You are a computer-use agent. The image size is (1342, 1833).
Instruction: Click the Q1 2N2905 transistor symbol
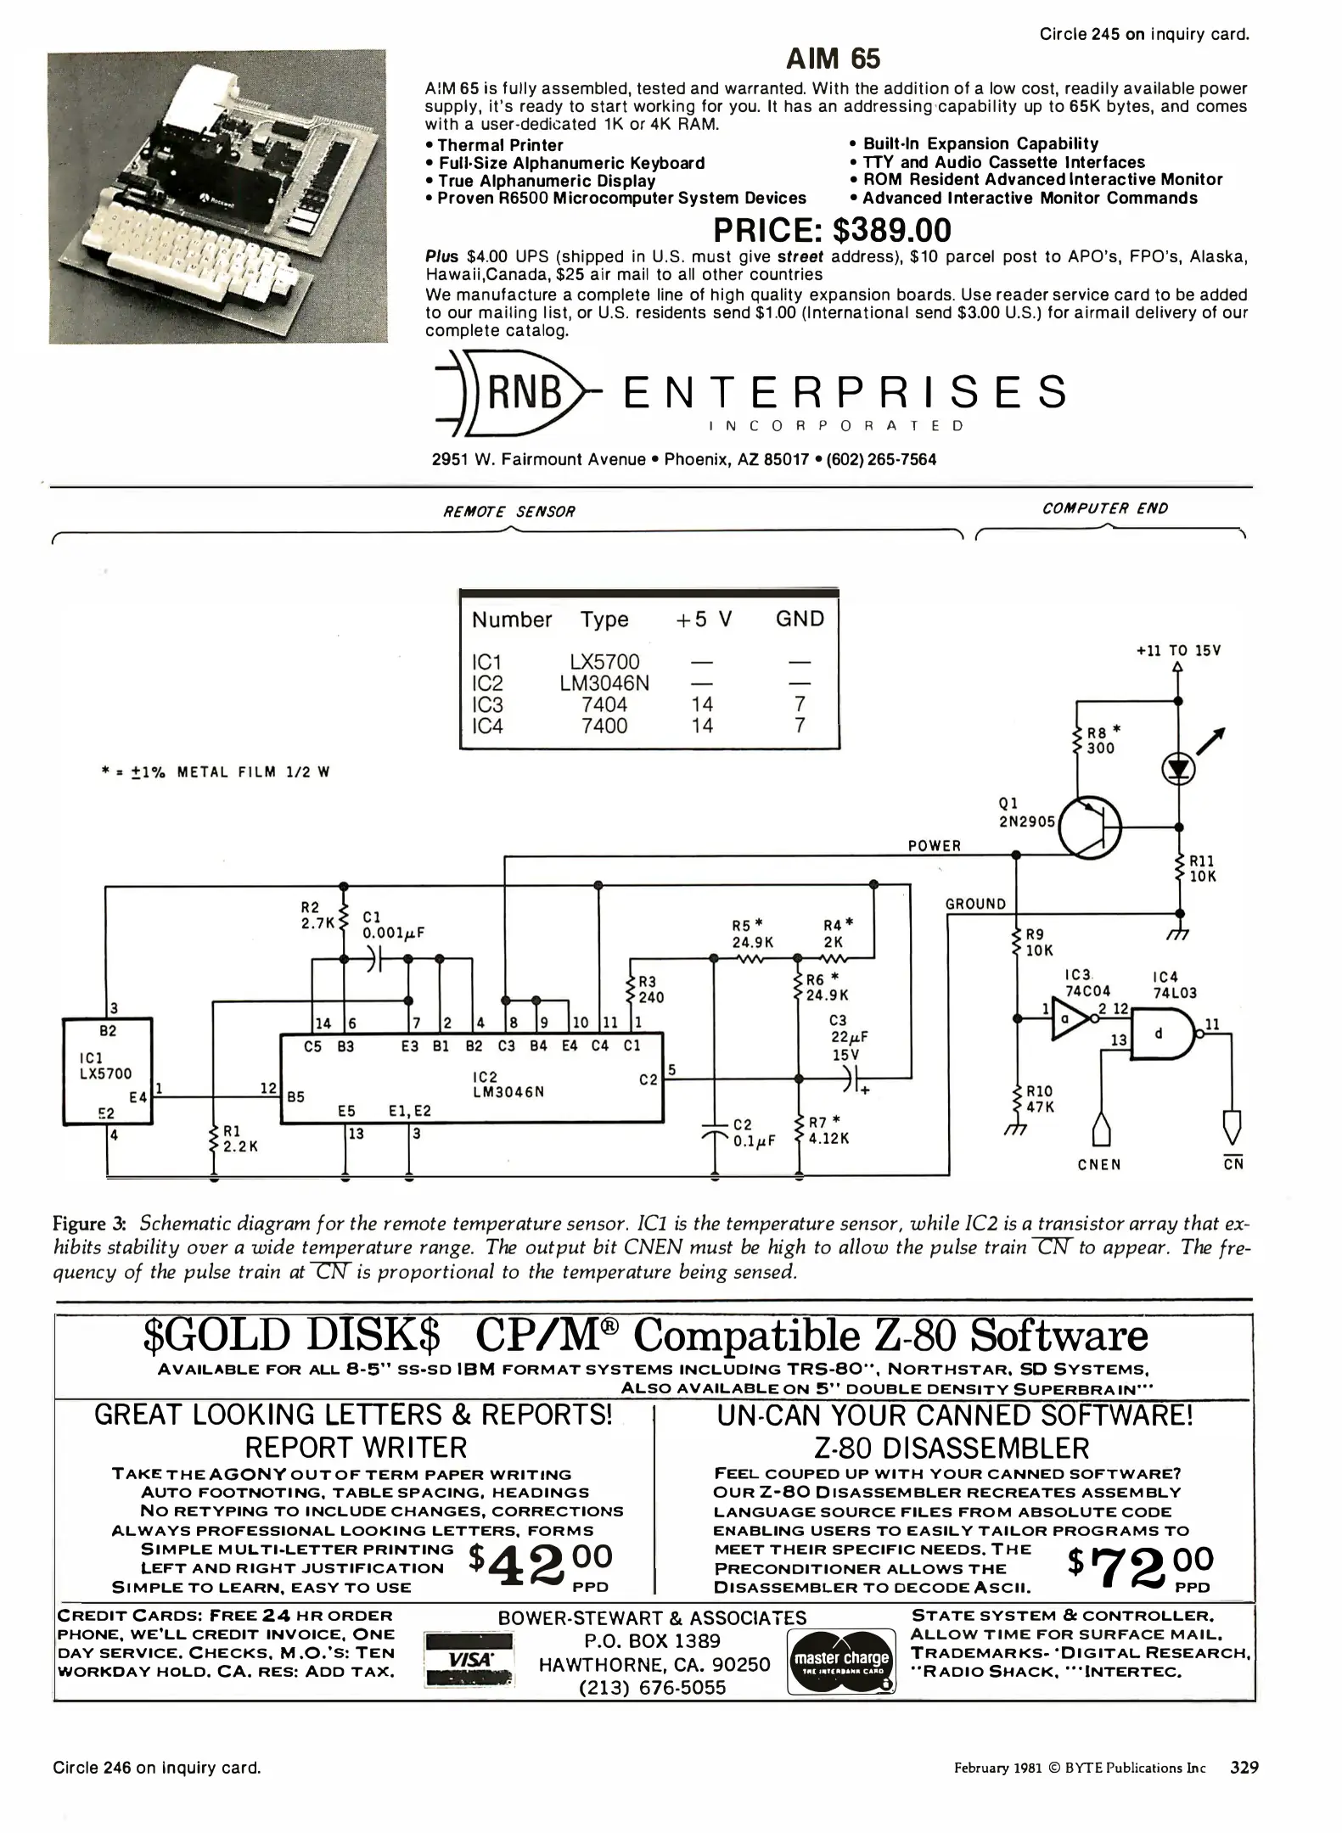click(1090, 824)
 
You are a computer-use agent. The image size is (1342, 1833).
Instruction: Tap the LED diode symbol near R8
click(1177, 769)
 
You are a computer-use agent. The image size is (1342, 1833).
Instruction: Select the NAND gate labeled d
click(1161, 1033)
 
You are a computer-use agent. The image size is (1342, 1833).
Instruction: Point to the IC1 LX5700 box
click(109, 1070)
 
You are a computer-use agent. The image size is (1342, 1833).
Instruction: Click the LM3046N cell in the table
click(604, 683)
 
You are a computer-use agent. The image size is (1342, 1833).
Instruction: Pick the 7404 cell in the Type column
click(604, 704)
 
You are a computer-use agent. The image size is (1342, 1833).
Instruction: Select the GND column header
click(800, 619)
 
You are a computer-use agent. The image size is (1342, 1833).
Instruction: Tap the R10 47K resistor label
click(1040, 1099)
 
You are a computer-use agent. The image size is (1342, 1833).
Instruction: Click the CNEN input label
click(1099, 1164)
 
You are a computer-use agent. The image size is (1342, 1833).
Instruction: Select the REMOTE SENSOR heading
click(509, 512)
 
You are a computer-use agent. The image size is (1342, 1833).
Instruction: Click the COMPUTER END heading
click(1105, 508)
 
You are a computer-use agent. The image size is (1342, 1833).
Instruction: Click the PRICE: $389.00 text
click(832, 231)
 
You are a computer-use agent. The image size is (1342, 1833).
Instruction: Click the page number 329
click(1244, 1769)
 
